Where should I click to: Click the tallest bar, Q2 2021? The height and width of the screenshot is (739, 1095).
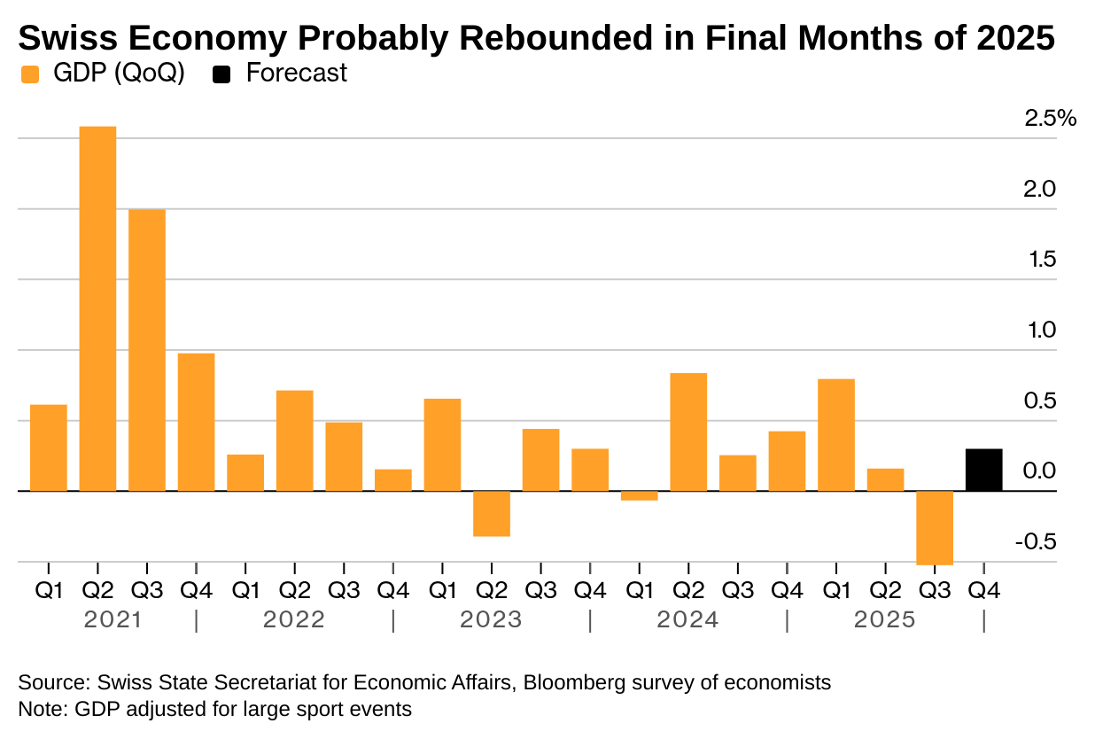[x=97, y=308]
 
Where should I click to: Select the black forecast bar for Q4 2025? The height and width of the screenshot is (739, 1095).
[x=983, y=470]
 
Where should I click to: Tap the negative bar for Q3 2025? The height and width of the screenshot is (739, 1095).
[x=934, y=527]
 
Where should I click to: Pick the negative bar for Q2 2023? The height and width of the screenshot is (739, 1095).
[x=491, y=513]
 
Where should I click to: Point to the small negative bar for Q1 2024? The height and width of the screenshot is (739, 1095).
[x=639, y=495]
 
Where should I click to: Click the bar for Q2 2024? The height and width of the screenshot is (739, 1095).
[x=688, y=432]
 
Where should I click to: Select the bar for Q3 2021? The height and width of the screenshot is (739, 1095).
[x=147, y=350]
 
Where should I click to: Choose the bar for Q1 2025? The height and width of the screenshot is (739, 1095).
[x=835, y=434]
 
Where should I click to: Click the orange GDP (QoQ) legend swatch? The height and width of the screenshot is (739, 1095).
[x=30, y=74]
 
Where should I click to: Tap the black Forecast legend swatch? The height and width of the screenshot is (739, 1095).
[x=222, y=74]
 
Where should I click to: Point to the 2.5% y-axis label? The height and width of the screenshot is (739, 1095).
[x=1050, y=119]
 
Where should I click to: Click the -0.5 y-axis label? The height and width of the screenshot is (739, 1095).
[x=1034, y=541]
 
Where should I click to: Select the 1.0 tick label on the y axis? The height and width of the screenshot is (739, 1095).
[x=1040, y=331]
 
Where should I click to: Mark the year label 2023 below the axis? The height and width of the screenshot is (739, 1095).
[x=491, y=620]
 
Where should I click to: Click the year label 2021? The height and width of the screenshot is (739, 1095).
[x=113, y=620]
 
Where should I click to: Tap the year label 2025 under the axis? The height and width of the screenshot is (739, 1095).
[x=884, y=620]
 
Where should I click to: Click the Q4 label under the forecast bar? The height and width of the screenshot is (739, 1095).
[x=983, y=590]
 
